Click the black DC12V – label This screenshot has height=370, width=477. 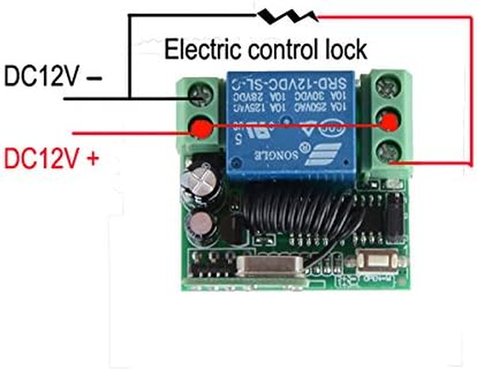(53, 76)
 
